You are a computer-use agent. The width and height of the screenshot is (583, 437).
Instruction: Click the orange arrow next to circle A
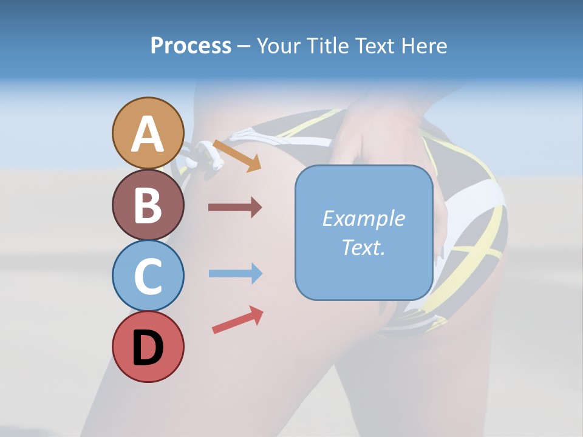coord(237,155)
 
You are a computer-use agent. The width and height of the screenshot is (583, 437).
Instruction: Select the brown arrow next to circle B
coord(235,208)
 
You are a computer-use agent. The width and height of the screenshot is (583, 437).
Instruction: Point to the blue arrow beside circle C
coord(235,274)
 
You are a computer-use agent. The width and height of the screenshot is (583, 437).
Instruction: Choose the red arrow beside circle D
coord(237,319)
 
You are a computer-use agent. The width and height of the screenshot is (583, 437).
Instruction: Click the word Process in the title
coord(191,46)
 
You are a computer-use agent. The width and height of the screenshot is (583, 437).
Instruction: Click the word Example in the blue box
coord(363,218)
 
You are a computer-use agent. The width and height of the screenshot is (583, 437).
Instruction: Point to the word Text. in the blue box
coord(363,247)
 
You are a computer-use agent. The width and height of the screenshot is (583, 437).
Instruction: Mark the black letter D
coord(148,348)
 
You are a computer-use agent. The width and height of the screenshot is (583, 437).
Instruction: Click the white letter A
coord(148,134)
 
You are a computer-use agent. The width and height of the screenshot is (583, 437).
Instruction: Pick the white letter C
coord(148,276)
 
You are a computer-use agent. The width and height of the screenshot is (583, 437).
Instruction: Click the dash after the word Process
coord(244,47)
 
